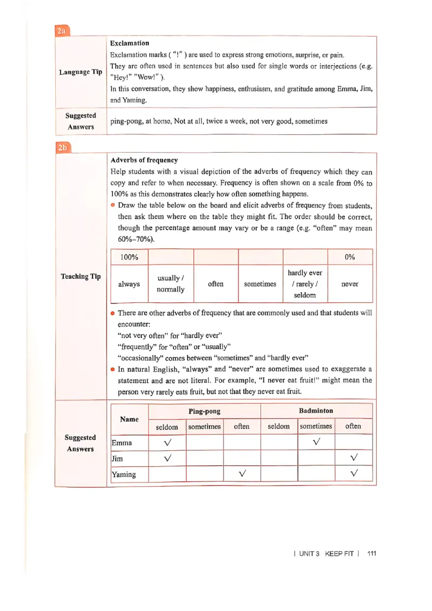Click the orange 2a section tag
coord(62,31)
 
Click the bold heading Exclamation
coord(130,43)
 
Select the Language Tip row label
coord(80,72)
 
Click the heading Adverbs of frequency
coord(144,160)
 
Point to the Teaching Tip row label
coord(80,276)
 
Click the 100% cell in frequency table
coord(129,257)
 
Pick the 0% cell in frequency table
coord(350,257)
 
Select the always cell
coord(129,284)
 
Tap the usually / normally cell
coord(171,284)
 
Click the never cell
coord(350,284)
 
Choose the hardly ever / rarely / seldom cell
coord(305,284)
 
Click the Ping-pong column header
coord(204,411)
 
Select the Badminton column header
coord(316,411)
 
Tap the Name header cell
coord(129,419)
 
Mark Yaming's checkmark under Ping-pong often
coord(242,474)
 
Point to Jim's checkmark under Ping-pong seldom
coord(167,458)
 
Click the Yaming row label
coord(124,474)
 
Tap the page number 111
coord(371,553)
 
